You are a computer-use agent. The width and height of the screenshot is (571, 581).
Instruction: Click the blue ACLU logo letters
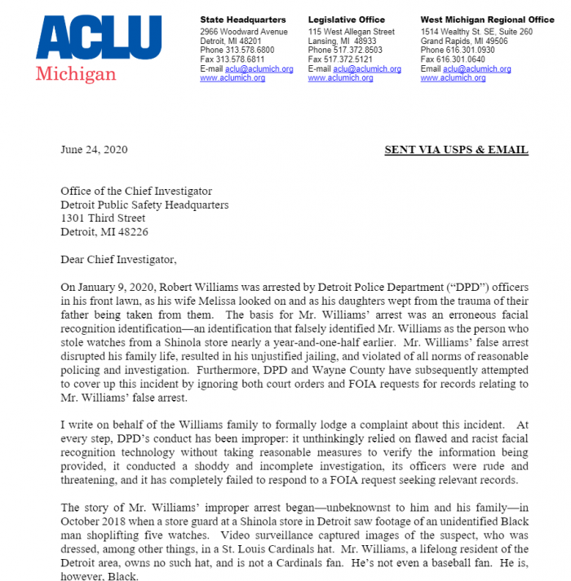[x=98, y=37]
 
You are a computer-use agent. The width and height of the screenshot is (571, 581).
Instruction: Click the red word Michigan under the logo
[x=76, y=74]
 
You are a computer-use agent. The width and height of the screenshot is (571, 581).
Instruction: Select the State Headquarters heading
[x=243, y=20]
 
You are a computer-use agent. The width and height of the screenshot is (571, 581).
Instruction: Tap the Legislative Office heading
[x=347, y=20]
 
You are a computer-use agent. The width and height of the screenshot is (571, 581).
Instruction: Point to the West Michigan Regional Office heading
[x=487, y=20]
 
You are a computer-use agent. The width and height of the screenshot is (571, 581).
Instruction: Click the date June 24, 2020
[x=94, y=150]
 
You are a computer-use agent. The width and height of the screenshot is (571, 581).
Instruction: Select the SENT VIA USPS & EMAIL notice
[x=456, y=150]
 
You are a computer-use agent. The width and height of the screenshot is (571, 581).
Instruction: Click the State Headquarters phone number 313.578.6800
[x=255, y=51]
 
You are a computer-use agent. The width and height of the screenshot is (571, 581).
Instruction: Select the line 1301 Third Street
[x=104, y=218]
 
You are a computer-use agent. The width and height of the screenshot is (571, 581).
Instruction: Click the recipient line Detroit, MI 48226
[x=104, y=232]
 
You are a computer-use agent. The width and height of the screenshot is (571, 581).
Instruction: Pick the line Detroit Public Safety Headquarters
[x=145, y=205]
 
